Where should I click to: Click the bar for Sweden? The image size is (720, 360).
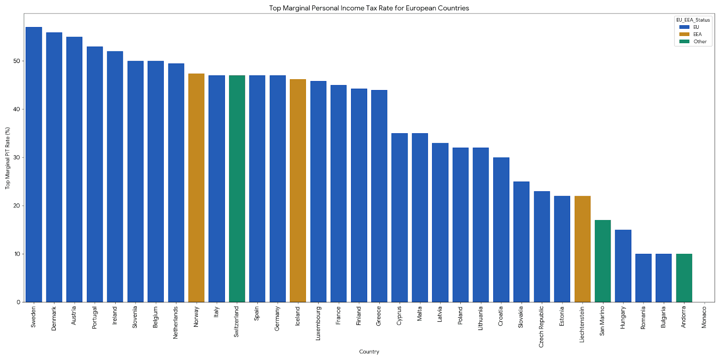34,164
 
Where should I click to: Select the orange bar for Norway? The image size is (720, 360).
196,188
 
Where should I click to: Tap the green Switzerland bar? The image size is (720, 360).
237,189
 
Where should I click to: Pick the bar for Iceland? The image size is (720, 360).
298,190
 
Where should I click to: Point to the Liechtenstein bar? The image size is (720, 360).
582,249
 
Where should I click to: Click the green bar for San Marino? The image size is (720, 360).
603,261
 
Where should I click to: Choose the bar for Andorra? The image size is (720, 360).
684,278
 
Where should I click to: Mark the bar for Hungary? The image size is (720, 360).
623,266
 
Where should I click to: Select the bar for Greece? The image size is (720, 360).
379,196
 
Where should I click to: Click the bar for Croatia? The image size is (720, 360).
501,229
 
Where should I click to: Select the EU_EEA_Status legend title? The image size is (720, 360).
693,20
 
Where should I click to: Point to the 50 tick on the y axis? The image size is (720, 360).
18,61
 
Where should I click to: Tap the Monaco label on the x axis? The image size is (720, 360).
704,317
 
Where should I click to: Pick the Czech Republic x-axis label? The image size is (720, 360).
541,326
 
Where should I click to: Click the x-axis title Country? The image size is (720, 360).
369,352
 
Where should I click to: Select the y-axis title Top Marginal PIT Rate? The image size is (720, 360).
8,158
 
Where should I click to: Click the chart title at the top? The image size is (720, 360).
369,8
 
